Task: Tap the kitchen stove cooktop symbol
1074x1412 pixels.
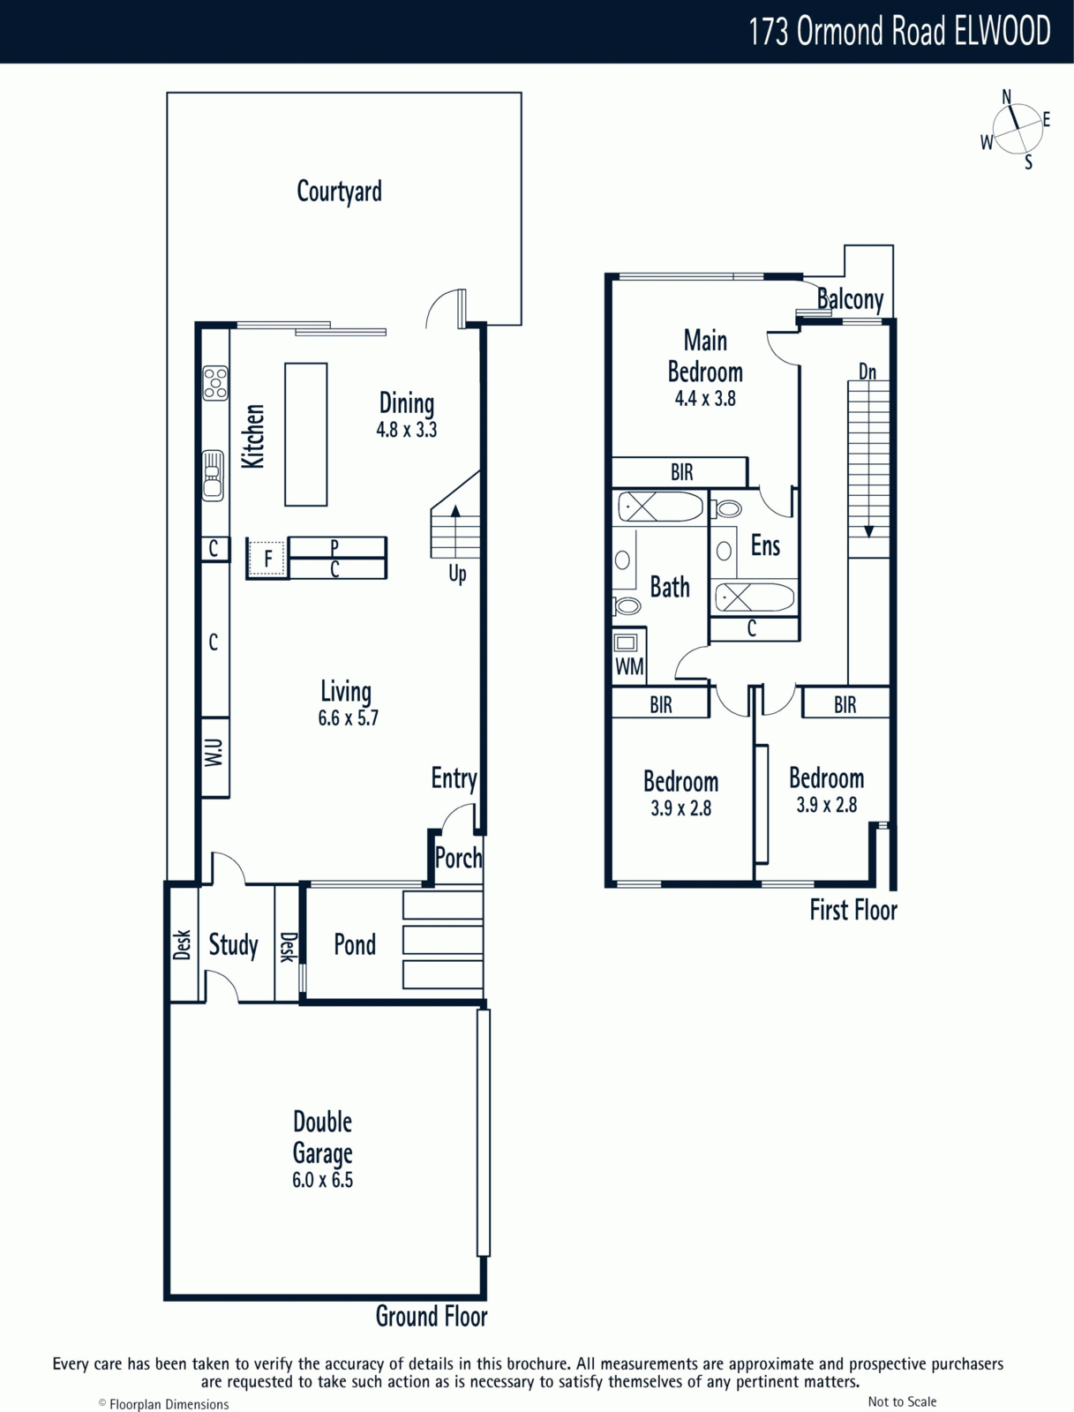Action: point(214,383)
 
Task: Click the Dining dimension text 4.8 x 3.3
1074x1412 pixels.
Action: point(407,430)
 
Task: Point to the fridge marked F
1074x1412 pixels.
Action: point(267,558)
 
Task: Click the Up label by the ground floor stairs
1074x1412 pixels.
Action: point(457,574)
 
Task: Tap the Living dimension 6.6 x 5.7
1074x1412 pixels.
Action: point(348,717)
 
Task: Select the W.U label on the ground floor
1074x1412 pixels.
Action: point(214,753)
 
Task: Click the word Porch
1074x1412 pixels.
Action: point(459,858)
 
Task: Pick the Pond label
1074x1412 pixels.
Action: point(355,945)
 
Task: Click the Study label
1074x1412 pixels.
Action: point(233,946)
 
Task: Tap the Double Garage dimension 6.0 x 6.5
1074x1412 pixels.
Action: point(322,1180)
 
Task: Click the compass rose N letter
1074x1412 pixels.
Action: point(1006,96)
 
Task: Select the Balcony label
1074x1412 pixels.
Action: point(850,300)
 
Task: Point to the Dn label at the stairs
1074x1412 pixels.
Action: point(867,372)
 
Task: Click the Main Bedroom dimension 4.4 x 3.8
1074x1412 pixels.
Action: point(705,399)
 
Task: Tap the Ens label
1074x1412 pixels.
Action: point(765,545)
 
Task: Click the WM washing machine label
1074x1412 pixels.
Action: point(629,667)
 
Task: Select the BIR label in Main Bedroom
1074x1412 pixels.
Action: point(681,473)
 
